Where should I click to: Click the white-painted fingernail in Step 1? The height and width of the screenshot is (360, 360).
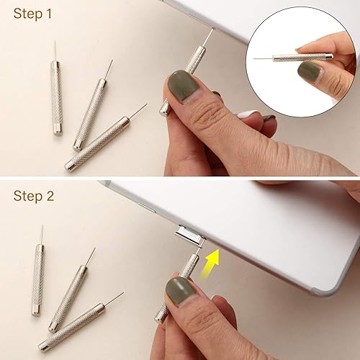pos(248,114)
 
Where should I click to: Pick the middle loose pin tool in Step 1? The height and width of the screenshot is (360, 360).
pos(91,112)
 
